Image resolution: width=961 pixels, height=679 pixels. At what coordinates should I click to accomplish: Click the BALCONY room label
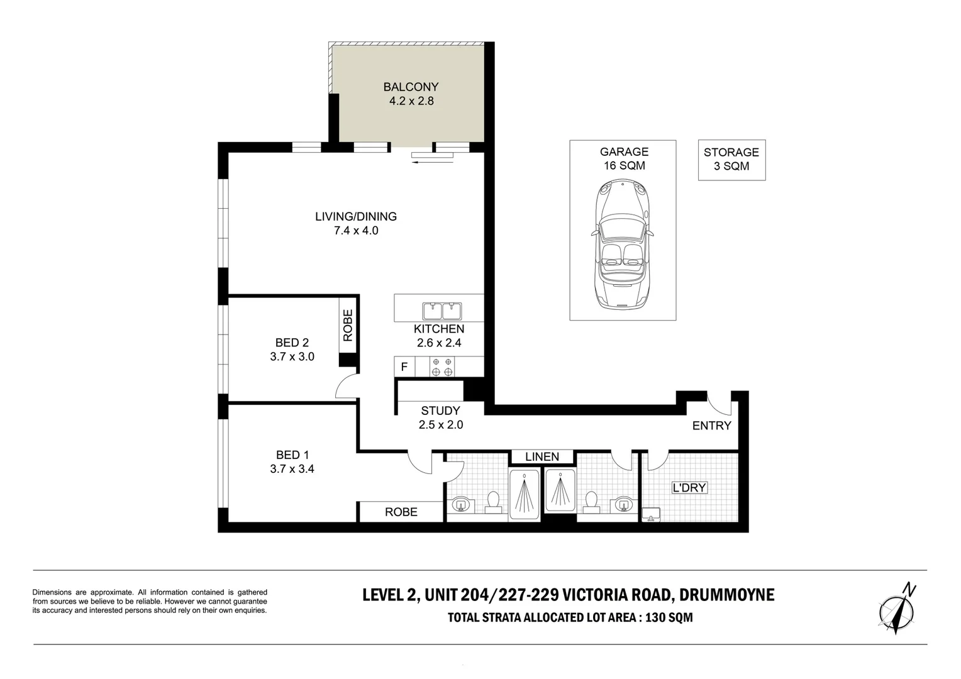pos(411,87)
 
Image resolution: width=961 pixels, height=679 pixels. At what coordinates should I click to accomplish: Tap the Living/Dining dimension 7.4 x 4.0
pos(356,231)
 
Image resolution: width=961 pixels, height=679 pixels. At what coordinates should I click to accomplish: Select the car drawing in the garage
pos(623,245)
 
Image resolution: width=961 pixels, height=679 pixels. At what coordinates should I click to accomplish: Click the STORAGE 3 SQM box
pos(731,160)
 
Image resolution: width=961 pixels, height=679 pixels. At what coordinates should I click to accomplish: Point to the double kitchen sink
pos(442,311)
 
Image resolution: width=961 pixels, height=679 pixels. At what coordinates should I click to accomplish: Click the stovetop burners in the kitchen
pos(442,367)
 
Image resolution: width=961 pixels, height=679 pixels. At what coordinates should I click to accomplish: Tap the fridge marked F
pos(404,367)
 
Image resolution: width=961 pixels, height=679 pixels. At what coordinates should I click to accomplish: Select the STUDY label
pos(440,411)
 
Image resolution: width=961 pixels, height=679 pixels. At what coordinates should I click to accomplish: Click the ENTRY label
pos(711,426)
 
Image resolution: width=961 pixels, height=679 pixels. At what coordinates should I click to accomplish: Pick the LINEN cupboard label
pos(542,456)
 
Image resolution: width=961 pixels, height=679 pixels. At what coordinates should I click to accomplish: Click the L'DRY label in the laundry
pos(689,488)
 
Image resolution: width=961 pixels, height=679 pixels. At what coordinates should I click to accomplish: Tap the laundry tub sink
pos(651,514)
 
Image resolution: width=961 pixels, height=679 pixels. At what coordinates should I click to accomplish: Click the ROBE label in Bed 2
pos(348,326)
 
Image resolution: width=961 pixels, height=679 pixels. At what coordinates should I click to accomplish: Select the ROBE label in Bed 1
pos(401,512)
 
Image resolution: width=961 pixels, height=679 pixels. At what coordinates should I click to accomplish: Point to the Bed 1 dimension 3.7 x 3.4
pos(292,469)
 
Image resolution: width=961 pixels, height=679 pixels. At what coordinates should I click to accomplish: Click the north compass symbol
pos(897,609)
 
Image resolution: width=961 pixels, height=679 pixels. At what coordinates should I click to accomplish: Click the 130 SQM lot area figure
pos(669,617)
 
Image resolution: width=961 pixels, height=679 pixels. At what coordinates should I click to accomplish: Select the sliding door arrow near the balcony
pos(433,162)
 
